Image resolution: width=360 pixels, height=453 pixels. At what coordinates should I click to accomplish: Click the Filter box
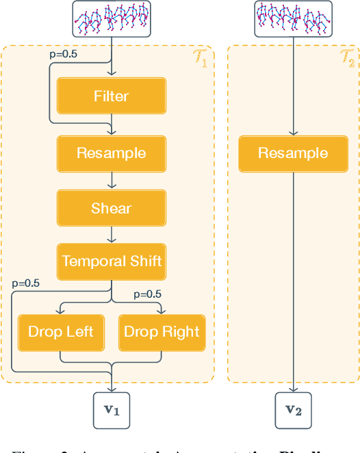click(111, 96)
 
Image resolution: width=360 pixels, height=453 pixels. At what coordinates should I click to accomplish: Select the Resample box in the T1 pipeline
click(111, 153)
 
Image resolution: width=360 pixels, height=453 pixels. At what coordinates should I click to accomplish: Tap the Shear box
click(111, 208)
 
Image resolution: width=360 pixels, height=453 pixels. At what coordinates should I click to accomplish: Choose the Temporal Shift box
click(111, 261)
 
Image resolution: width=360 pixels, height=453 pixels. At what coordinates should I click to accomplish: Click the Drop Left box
click(61, 332)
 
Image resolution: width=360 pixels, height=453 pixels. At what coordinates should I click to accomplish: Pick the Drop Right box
click(162, 332)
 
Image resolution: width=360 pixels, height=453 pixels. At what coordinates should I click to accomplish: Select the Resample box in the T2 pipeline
click(293, 153)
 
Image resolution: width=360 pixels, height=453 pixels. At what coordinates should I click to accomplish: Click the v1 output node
click(112, 410)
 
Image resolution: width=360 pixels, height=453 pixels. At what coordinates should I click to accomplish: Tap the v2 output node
click(293, 410)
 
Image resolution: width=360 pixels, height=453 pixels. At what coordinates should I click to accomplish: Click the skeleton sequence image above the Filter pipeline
click(112, 18)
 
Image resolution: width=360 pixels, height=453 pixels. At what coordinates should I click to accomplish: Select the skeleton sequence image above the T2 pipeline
click(293, 18)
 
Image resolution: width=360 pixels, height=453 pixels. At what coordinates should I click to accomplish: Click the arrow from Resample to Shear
click(112, 181)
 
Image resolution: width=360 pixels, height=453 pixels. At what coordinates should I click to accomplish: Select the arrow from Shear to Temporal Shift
click(112, 234)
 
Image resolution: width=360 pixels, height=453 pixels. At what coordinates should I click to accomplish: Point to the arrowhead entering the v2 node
click(293, 389)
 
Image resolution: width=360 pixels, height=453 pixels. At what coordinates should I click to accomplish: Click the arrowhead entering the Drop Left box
click(61, 311)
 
